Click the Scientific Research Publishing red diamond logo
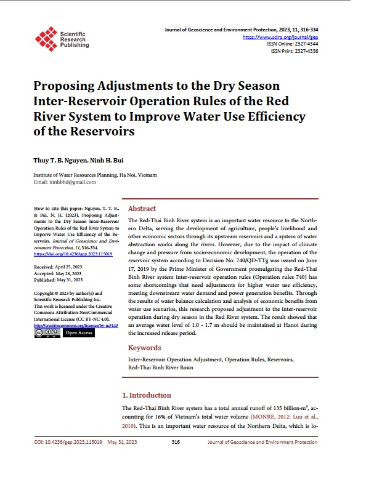tap(46, 38)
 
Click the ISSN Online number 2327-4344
tap(306, 44)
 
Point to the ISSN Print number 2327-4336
tap(306, 51)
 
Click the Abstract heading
tap(142, 209)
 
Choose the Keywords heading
tap(145, 348)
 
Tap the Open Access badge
tap(78, 332)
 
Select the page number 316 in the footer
tap(176, 442)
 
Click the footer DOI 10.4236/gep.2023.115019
tap(68, 442)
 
